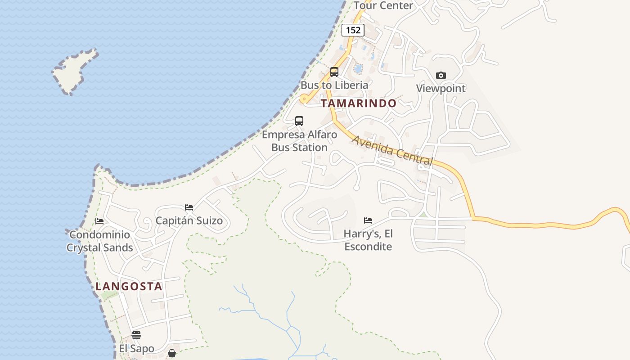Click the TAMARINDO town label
point(358,103)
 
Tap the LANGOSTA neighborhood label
point(129,287)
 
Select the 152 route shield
point(353,30)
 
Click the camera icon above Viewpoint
point(441,75)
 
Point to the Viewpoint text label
point(441,88)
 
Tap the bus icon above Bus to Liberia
point(334,72)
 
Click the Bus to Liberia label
point(334,85)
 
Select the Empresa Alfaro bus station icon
point(299,121)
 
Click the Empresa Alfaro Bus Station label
point(299,141)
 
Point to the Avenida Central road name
point(392,150)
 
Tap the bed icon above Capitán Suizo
point(189,207)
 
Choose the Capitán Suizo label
point(189,220)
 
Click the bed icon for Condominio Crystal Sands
point(99,221)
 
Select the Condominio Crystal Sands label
point(99,241)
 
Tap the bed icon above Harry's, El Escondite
point(368,220)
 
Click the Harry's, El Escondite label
point(368,240)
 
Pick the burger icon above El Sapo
point(136,335)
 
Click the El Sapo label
point(136,349)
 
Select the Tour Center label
point(383,5)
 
